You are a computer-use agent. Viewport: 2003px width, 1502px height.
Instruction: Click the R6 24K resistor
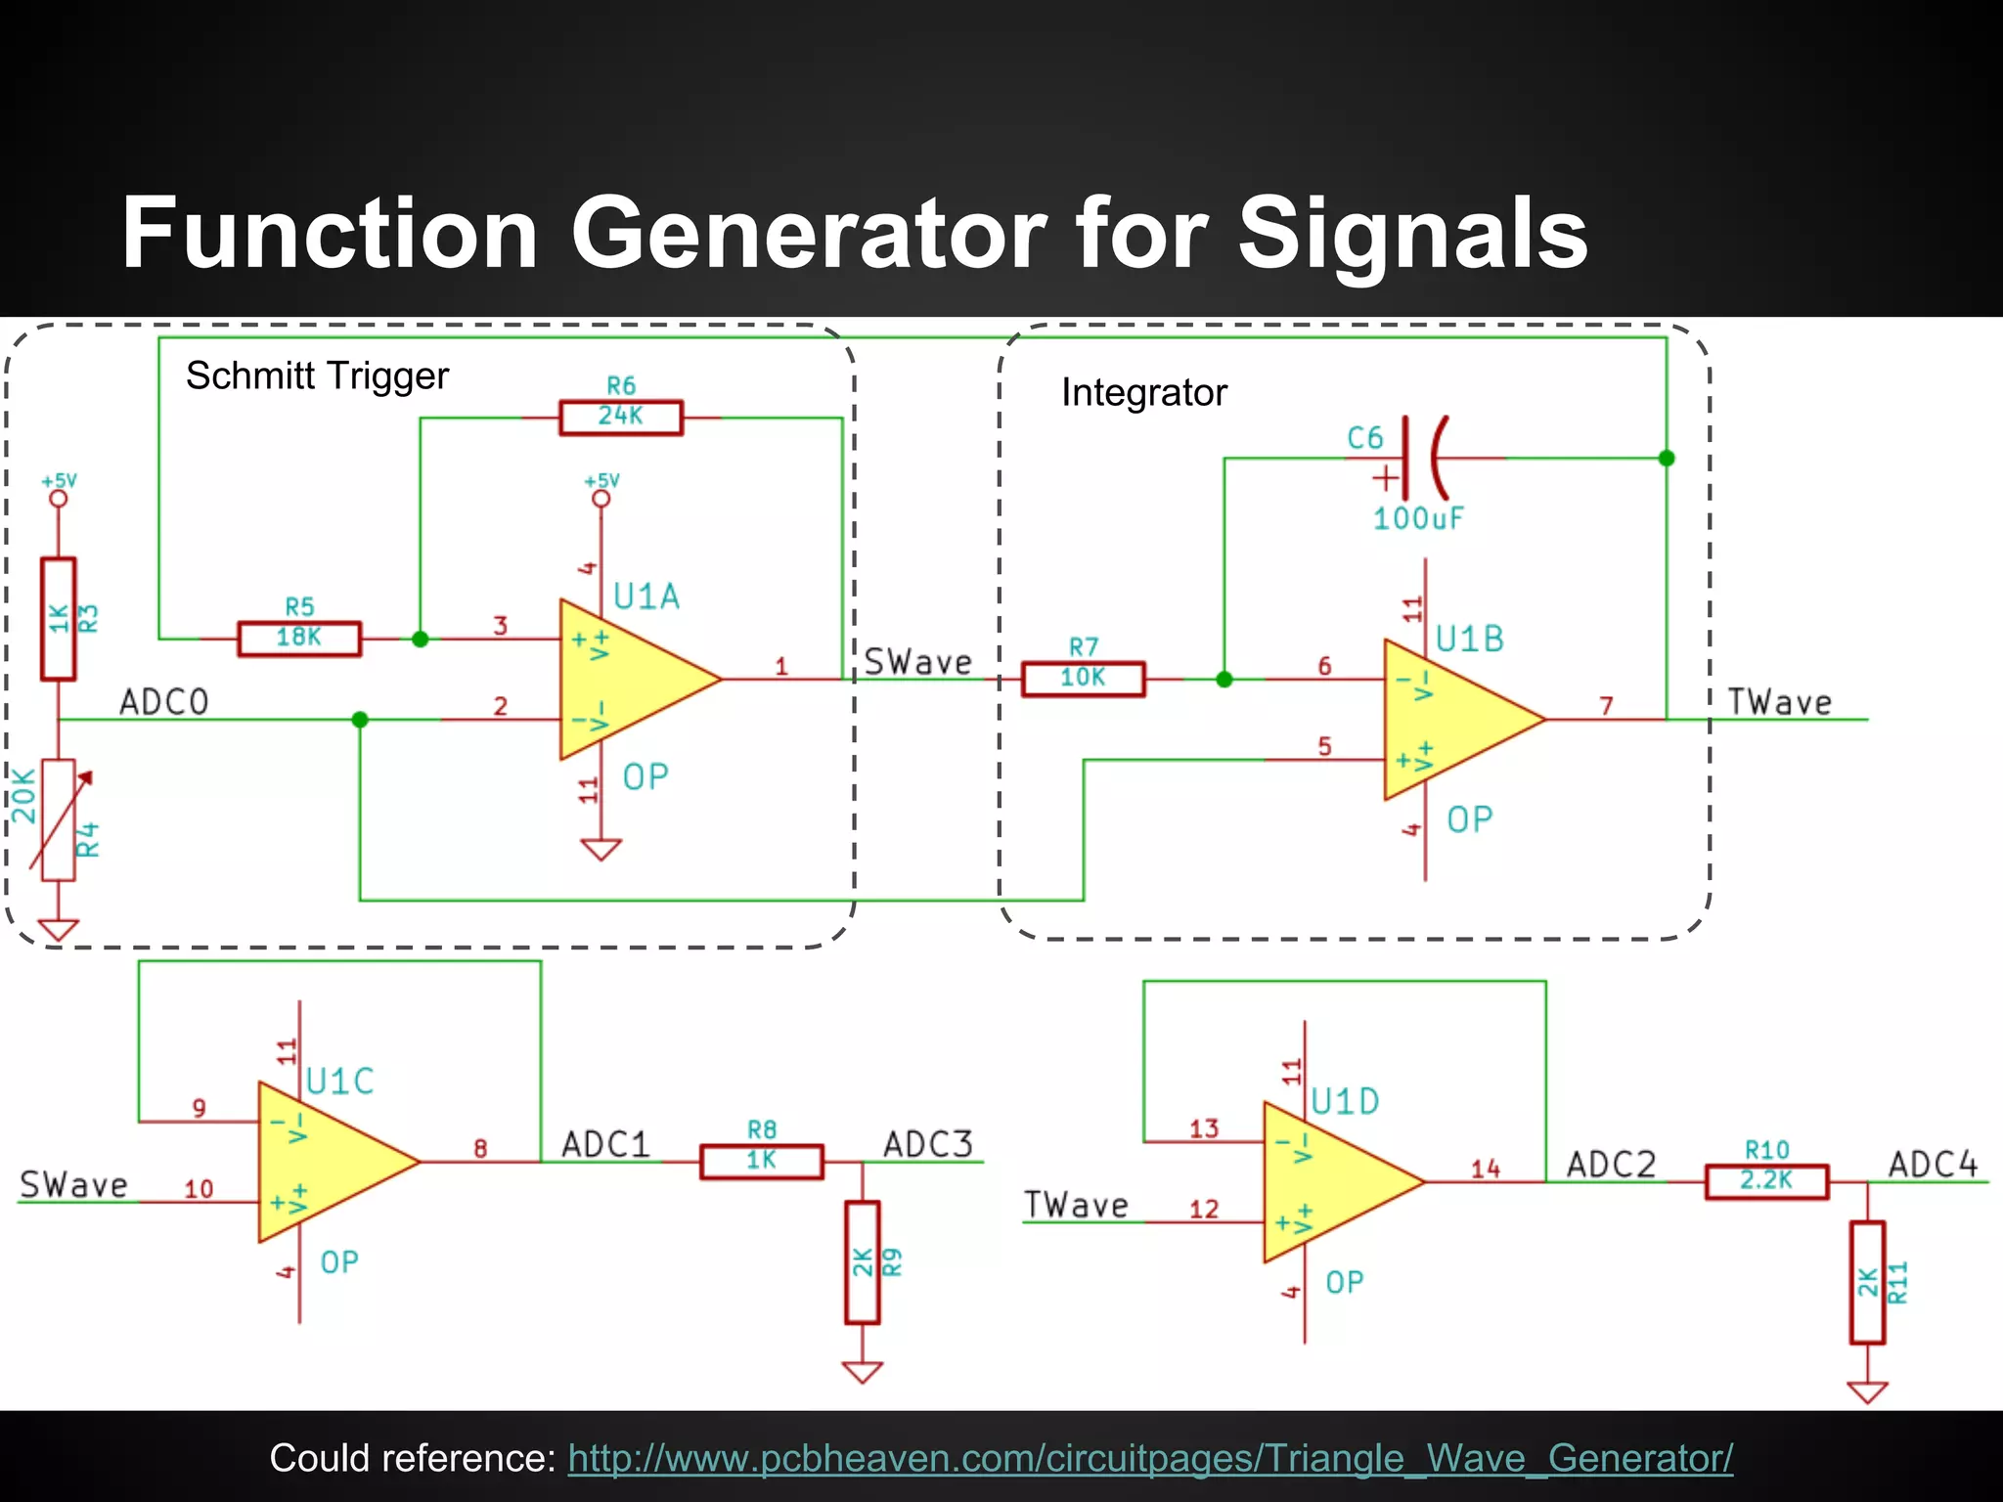coord(621,418)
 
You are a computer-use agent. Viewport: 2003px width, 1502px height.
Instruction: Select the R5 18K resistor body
coord(299,639)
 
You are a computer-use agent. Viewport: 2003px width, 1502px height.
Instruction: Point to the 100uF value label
coord(1418,518)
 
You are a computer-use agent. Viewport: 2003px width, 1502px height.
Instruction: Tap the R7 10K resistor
coord(1083,679)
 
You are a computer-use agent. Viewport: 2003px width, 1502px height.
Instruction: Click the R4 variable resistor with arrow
coord(59,819)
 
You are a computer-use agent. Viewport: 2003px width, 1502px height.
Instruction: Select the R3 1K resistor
coord(59,618)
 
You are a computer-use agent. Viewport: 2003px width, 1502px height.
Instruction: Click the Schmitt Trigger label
coord(317,375)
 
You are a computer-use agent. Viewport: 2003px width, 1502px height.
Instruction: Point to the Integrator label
coord(1143,393)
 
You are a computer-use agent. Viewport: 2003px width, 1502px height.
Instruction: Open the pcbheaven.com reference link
coord(1150,1458)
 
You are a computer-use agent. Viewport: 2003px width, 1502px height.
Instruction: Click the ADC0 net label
coord(163,702)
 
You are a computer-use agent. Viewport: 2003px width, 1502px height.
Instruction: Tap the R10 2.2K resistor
coord(1766,1181)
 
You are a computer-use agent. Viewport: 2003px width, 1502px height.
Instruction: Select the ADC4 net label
coord(1933,1165)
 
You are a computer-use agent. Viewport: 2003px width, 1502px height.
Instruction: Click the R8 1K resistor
coord(762,1162)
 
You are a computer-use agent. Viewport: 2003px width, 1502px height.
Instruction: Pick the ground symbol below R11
coord(1867,1391)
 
